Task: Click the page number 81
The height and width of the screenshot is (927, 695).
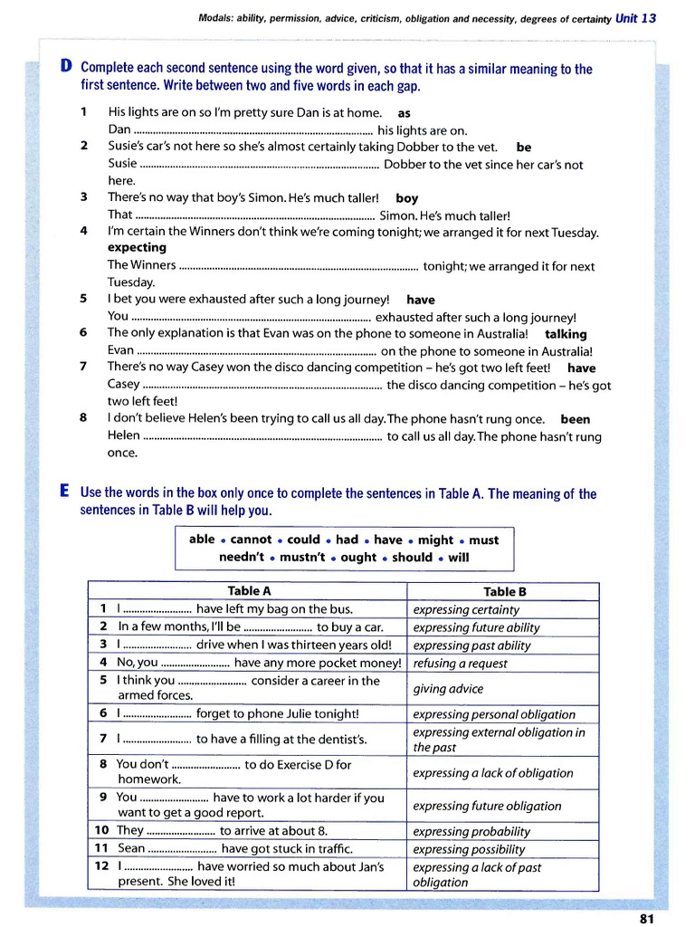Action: [646, 918]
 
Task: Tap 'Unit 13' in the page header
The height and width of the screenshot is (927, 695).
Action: [635, 18]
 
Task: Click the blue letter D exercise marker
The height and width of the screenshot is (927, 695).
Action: [66, 67]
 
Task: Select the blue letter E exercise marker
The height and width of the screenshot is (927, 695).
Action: [65, 492]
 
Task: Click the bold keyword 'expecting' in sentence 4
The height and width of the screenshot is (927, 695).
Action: [137, 247]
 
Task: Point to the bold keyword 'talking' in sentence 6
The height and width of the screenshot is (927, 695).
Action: [566, 334]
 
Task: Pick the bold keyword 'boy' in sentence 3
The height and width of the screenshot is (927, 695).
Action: [407, 198]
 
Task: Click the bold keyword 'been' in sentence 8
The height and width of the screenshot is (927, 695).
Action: [576, 419]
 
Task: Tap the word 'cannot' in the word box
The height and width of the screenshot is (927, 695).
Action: [251, 540]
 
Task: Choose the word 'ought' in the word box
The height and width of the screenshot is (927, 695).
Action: [358, 558]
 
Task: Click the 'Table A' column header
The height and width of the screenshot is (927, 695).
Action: [249, 591]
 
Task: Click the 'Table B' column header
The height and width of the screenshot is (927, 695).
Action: [505, 592]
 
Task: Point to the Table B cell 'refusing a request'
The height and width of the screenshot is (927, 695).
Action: [460, 664]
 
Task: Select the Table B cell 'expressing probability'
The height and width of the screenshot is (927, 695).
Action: [471, 831]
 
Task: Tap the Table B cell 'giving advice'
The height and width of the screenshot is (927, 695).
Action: [448, 689]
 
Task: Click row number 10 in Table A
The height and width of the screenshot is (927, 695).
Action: [101, 830]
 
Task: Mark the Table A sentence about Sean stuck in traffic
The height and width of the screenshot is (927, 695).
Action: [235, 848]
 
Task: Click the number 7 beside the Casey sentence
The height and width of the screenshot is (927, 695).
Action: [83, 368]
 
